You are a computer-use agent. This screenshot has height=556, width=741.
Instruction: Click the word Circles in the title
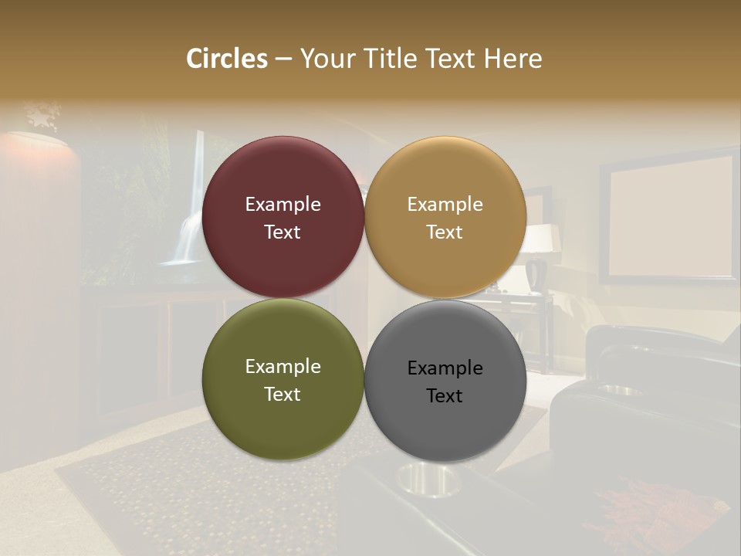(x=227, y=59)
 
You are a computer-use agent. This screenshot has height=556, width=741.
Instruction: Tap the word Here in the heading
(x=513, y=59)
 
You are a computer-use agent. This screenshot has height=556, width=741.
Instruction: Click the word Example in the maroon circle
(x=283, y=205)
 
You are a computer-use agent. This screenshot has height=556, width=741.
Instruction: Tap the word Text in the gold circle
(x=445, y=232)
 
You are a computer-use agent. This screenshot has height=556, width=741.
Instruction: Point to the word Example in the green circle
(x=283, y=367)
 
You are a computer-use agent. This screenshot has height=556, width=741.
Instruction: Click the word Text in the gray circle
(x=445, y=396)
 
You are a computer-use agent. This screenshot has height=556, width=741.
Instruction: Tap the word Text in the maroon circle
(x=283, y=232)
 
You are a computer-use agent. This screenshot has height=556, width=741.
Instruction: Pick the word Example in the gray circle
(x=445, y=368)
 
